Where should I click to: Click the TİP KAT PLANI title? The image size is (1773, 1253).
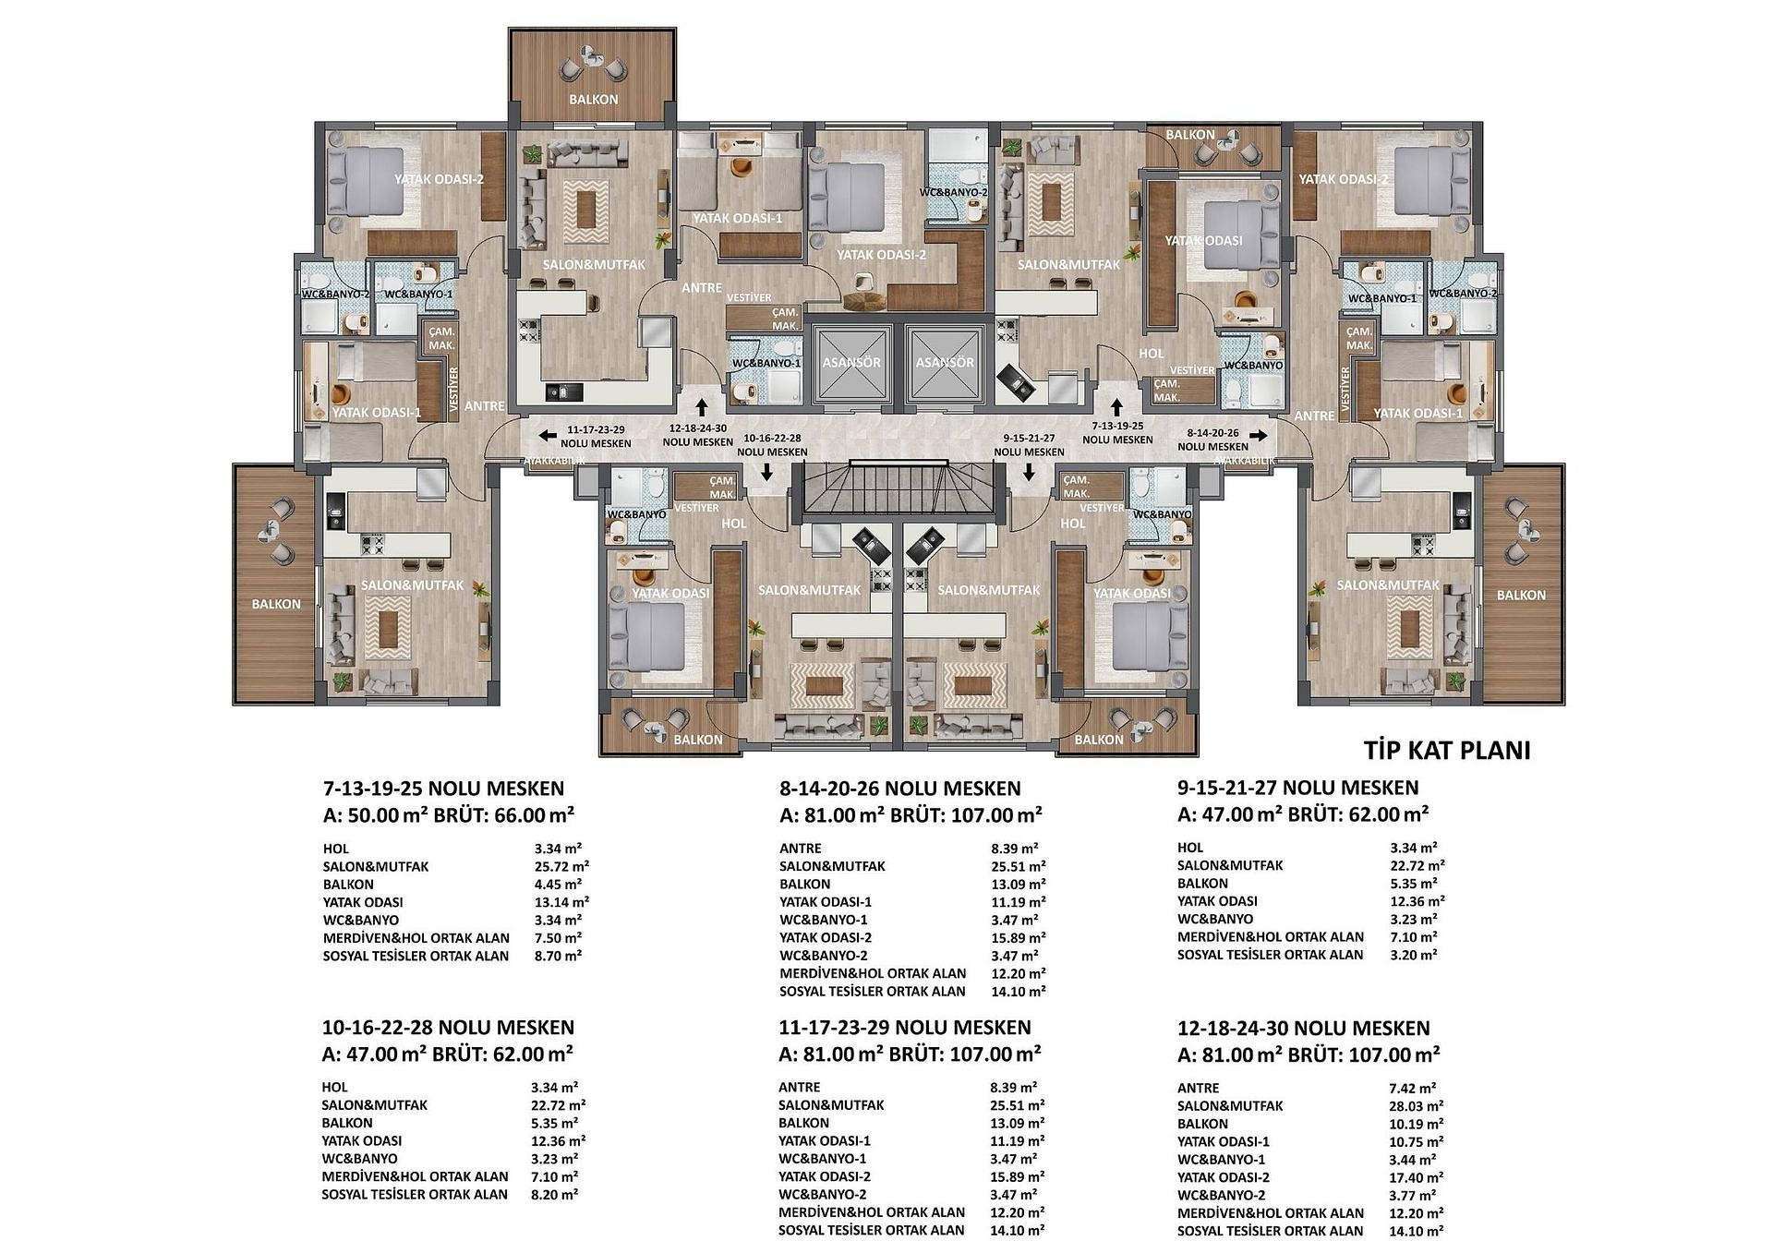(1447, 750)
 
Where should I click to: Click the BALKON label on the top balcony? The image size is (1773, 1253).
(594, 100)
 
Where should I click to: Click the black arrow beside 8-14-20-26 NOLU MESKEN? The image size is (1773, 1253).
(1258, 432)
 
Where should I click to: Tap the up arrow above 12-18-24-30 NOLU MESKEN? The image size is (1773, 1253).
(703, 406)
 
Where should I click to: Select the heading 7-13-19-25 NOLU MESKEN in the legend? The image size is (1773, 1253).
(443, 789)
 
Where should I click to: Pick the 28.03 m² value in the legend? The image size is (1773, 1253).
(1416, 1105)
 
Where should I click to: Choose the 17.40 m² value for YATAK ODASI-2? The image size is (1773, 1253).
(1416, 1177)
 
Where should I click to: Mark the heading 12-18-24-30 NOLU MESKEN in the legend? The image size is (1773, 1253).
(1304, 1028)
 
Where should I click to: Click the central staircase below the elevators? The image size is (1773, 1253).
(901, 488)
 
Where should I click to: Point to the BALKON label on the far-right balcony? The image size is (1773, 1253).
(1521, 596)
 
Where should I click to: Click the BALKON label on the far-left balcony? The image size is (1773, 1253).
(276, 604)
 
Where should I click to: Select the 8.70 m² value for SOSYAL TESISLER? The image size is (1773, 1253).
(557, 956)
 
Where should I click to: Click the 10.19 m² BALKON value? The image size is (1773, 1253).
(1416, 1124)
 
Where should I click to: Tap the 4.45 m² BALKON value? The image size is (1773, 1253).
(557, 884)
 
